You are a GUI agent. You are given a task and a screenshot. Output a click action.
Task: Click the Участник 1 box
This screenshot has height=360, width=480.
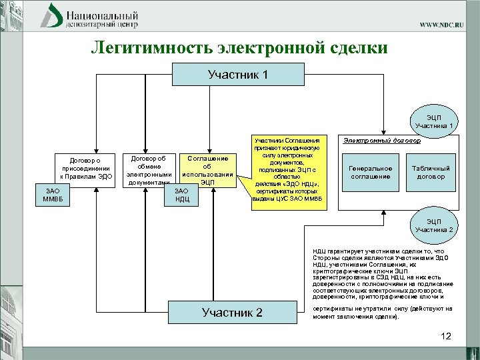tap(238, 75)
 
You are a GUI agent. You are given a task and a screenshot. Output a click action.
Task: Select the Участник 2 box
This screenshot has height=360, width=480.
tap(232, 313)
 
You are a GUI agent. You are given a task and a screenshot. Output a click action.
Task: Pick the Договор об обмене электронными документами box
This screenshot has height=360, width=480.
tap(149, 169)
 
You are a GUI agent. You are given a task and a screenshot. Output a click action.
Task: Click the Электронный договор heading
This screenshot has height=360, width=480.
tap(382, 141)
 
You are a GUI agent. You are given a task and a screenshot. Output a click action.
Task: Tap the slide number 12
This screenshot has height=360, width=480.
tap(445, 336)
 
